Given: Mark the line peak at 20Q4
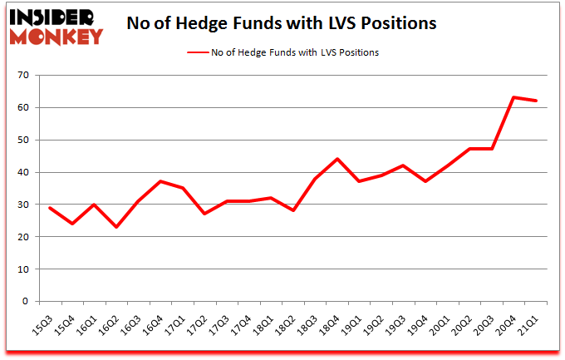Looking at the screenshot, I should tap(514, 97).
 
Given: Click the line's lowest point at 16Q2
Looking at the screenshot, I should tap(117, 227).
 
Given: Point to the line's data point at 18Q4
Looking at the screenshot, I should tap(337, 159).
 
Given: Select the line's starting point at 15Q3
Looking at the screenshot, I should tap(51, 208).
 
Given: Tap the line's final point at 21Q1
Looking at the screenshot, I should tap(537, 101).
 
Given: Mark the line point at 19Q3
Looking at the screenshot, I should tap(404, 165).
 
